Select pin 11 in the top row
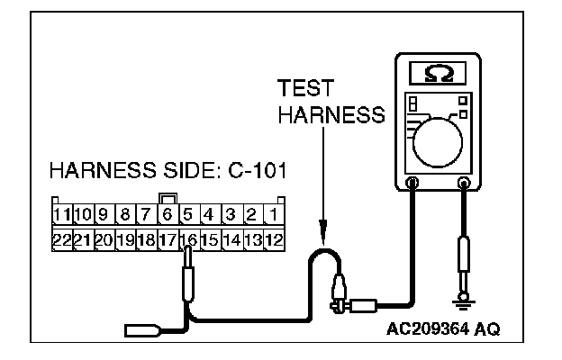[62, 216]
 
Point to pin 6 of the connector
[168, 216]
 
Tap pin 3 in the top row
[231, 216]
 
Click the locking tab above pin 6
[168, 198]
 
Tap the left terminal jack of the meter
[413, 184]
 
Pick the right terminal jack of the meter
[465, 184]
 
